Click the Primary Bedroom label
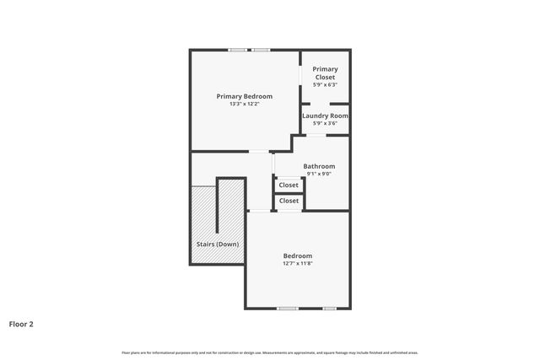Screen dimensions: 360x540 click(244, 96)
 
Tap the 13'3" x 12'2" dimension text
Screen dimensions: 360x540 click(244, 105)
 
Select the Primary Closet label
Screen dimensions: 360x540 click(325, 73)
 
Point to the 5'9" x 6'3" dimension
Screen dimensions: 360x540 click(325, 85)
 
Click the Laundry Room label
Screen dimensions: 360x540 click(325, 116)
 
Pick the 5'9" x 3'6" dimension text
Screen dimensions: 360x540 click(325, 124)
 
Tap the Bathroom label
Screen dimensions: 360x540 click(319, 166)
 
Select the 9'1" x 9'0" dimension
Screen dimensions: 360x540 click(319, 175)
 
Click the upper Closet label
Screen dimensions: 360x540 click(289, 185)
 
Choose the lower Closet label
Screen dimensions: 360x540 click(289, 201)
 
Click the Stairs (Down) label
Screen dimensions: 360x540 click(217, 244)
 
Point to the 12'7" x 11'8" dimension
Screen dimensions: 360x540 click(297, 264)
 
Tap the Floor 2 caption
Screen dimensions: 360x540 click(21, 324)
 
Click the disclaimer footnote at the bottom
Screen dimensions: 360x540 click(270, 352)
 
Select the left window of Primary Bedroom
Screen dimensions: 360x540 click(237, 50)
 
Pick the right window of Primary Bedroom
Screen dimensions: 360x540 click(261, 50)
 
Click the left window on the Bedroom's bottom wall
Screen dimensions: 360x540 click(288, 308)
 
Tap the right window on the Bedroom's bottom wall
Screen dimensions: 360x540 click(329, 308)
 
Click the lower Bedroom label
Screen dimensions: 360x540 click(297, 255)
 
